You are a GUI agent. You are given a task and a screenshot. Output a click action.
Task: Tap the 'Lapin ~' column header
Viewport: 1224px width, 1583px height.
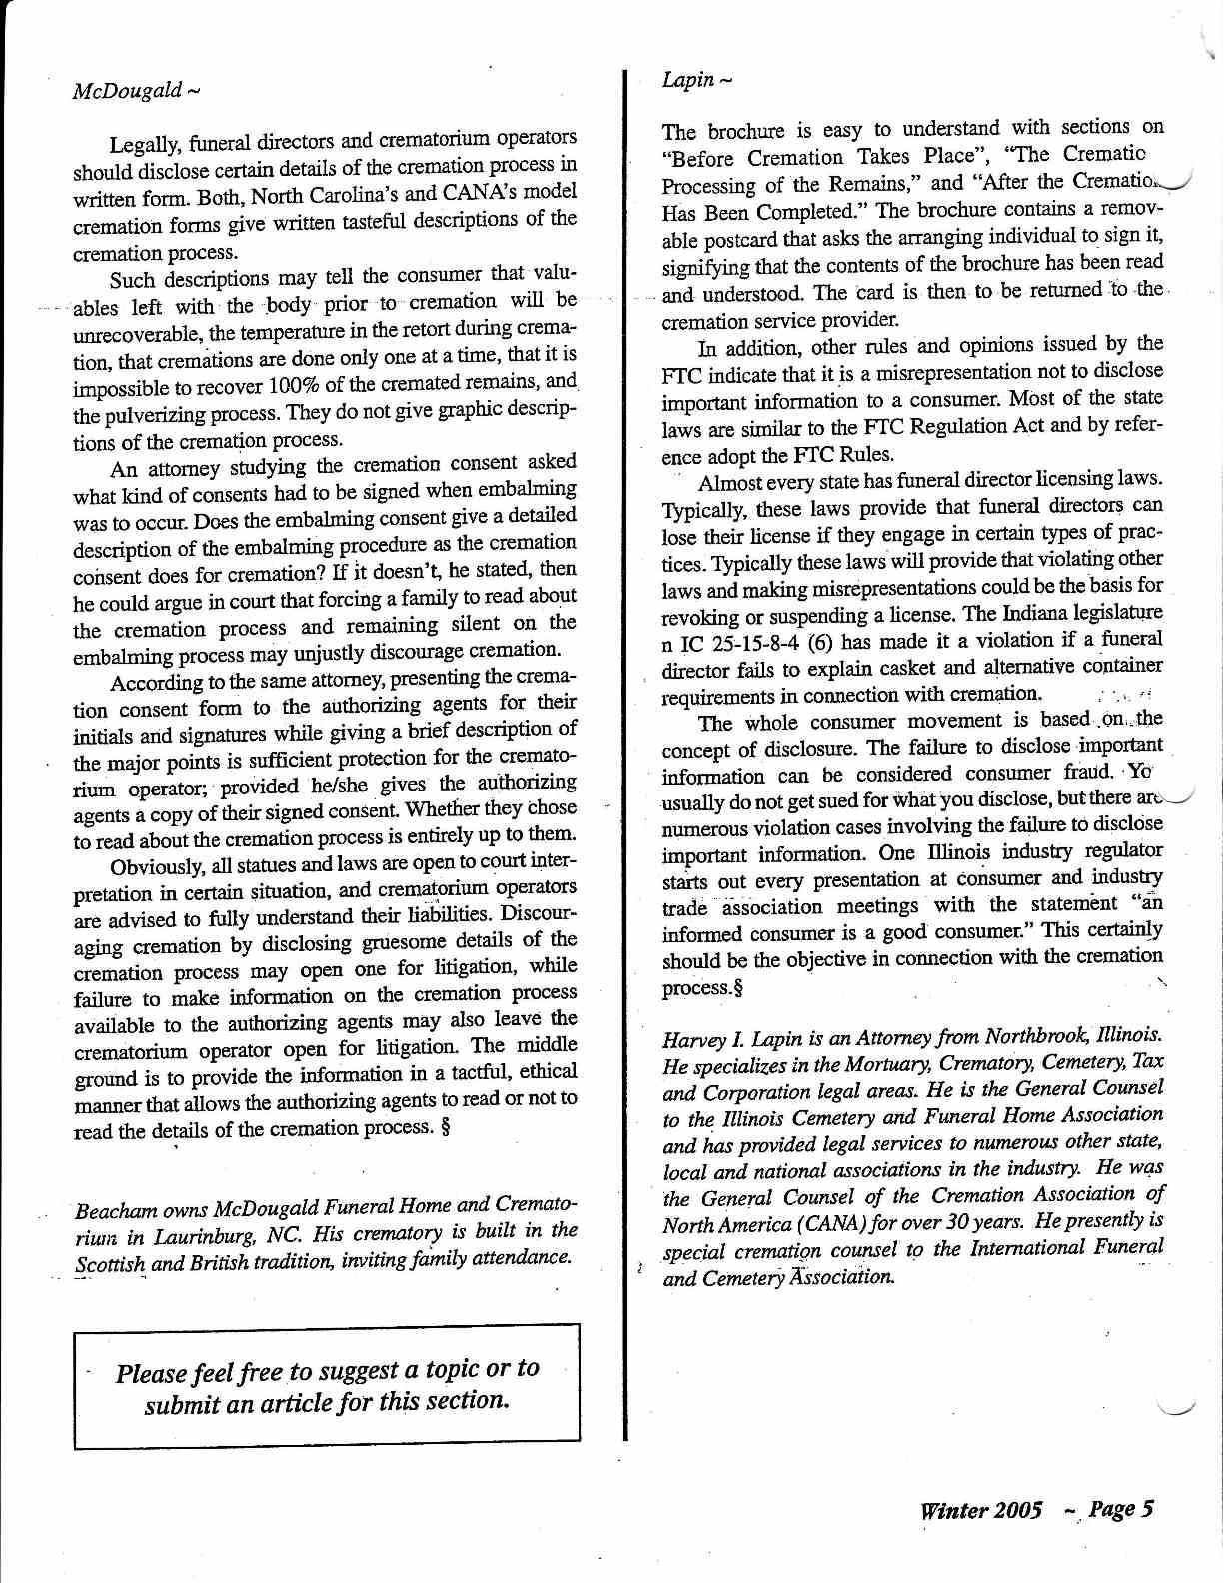[x=697, y=79]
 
